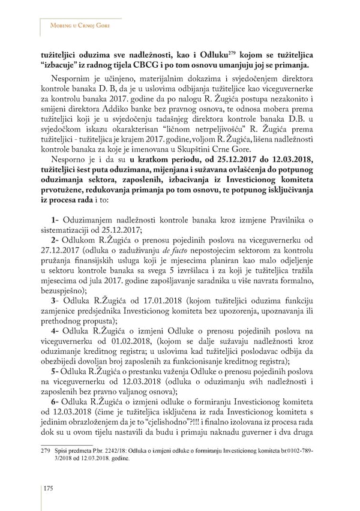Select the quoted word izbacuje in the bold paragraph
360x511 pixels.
[67, 65]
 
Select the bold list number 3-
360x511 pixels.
[54, 300]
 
